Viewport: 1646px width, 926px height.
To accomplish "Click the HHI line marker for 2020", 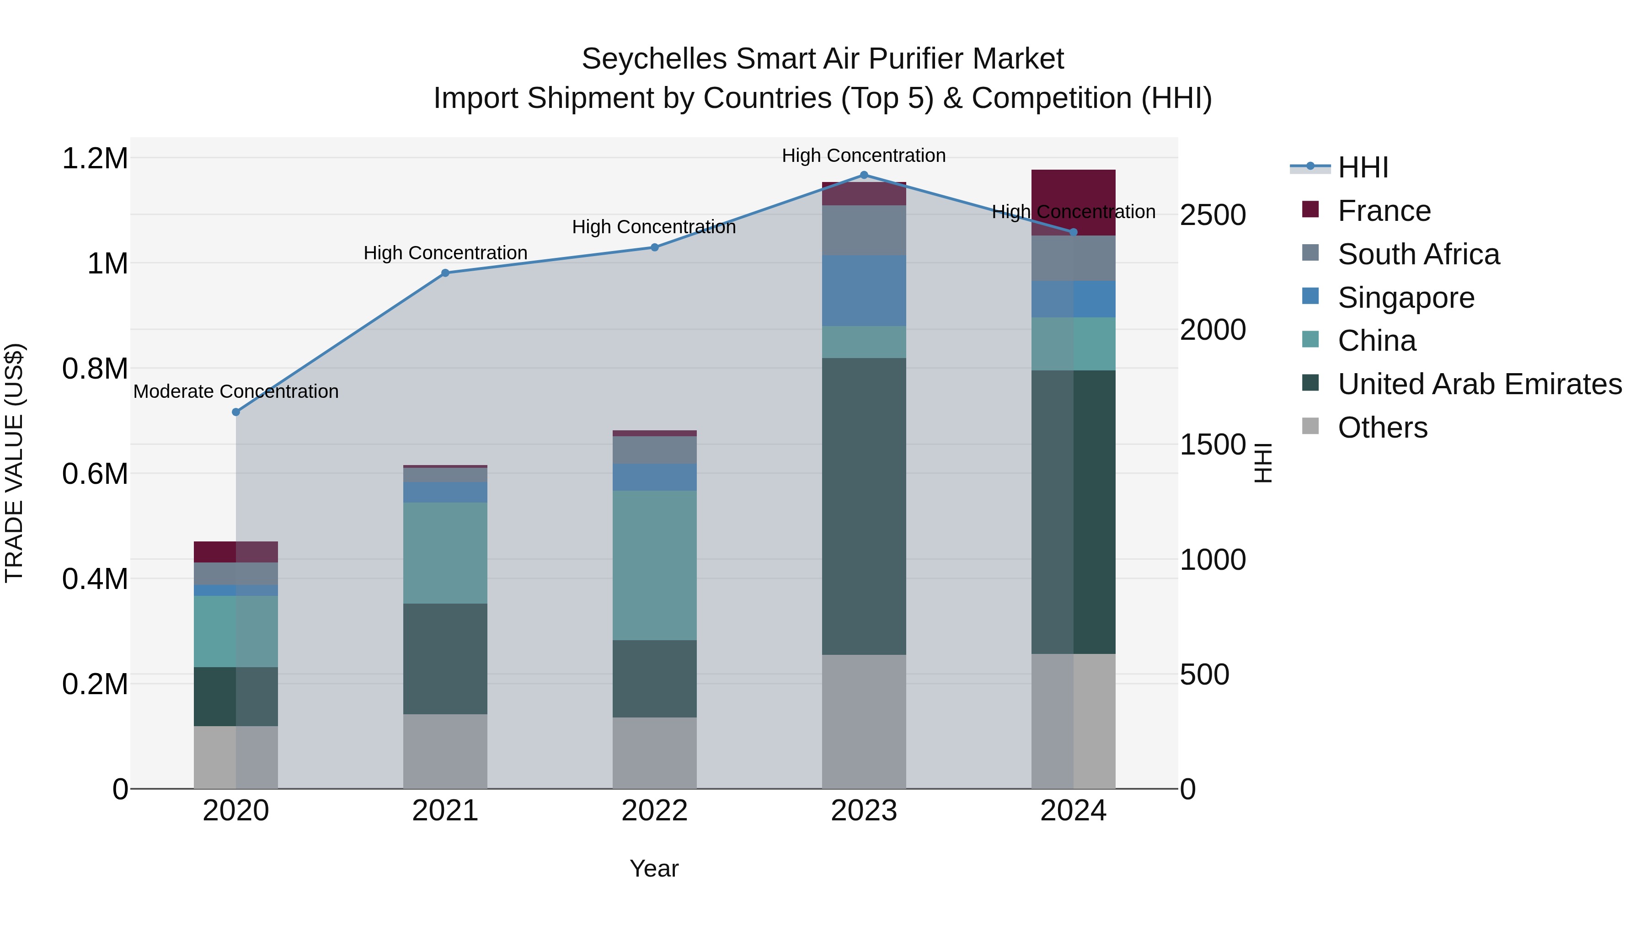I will coord(236,412).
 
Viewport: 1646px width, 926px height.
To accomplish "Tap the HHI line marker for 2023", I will coord(864,175).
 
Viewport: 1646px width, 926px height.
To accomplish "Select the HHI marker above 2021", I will coord(445,273).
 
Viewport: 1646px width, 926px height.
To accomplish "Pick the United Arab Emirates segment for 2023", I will coord(864,506).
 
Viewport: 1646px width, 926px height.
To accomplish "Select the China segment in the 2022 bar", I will coord(654,566).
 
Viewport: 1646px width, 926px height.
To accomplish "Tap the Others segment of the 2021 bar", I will coord(445,751).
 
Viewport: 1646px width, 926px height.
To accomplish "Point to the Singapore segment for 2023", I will coord(864,291).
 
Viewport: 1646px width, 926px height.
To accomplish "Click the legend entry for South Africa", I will coord(1418,254).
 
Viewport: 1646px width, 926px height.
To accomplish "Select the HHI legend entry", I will coord(1363,167).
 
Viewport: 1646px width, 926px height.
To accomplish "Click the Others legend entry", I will coord(1382,428).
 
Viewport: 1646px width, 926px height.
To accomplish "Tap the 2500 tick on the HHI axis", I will coord(1213,215).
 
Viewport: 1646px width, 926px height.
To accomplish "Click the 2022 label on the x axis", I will coord(654,811).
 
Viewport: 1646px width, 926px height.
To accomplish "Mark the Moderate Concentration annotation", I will coord(236,391).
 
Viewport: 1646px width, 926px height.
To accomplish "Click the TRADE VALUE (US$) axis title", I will coord(14,463).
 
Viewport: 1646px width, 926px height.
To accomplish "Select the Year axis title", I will coord(654,868).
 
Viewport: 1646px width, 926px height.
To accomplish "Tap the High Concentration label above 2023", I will coord(864,155).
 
